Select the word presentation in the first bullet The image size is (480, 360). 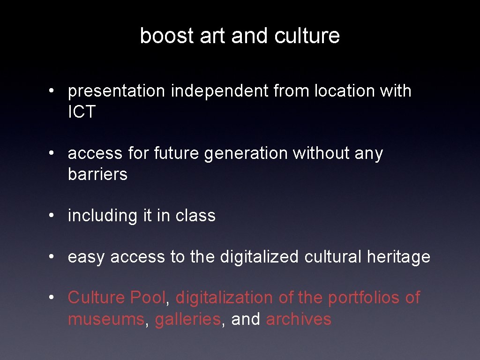(x=117, y=91)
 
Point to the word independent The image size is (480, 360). (x=216, y=91)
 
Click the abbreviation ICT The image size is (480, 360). (x=82, y=112)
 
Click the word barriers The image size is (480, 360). (x=97, y=174)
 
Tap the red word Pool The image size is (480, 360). (x=148, y=298)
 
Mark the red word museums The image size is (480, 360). (x=106, y=319)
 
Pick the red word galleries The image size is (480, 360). (x=187, y=319)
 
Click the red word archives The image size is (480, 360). (x=299, y=319)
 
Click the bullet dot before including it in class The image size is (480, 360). (x=55, y=216)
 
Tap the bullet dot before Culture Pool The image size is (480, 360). (x=55, y=298)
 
